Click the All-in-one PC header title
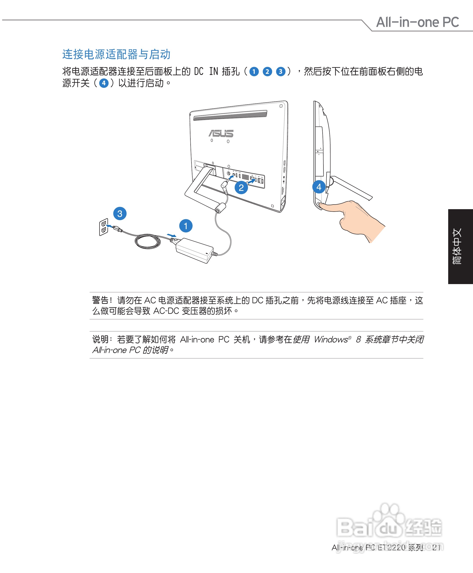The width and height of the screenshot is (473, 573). [417, 22]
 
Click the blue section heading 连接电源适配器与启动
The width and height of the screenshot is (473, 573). [116, 54]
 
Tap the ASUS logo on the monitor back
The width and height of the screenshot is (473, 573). [221, 133]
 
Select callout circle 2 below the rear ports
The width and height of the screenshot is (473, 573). [241, 188]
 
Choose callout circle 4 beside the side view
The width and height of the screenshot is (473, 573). [319, 187]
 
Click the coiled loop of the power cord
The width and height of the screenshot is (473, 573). [147, 241]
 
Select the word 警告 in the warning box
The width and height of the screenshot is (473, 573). [100, 300]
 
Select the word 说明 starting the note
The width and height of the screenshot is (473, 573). [100, 339]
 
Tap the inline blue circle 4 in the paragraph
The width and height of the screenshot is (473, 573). [103, 83]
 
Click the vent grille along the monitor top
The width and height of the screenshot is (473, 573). [230, 115]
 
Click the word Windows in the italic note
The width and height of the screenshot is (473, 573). [330, 339]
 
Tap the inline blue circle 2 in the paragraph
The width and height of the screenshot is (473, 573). [267, 72]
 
